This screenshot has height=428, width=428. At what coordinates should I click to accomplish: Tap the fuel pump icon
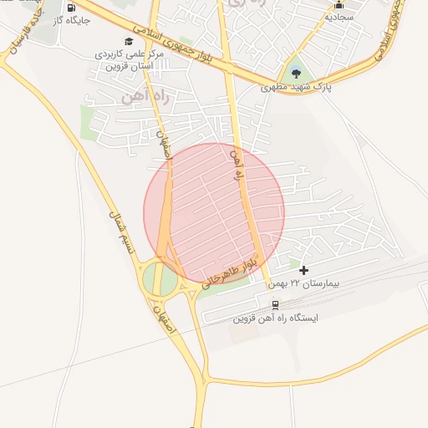[x=71, y=8]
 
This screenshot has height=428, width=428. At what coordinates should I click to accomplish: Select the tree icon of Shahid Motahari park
[x=294, y=69]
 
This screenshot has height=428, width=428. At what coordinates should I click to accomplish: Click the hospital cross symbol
[x=303, y=269]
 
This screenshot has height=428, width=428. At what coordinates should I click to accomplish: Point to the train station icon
[x=276, y=305]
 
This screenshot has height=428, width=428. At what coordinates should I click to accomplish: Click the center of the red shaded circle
[x=214, y=213]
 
